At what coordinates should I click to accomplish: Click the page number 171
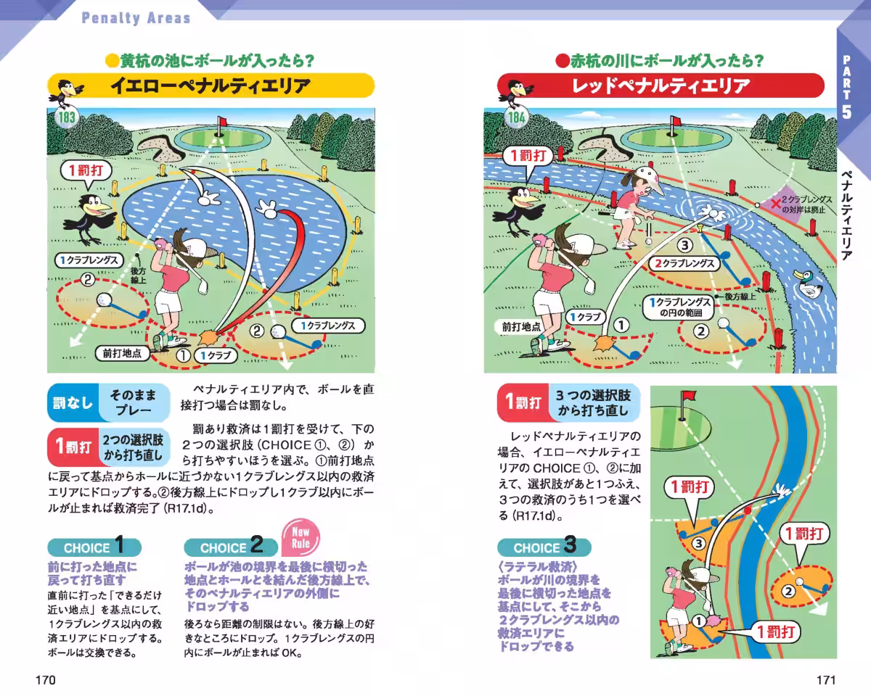point(826,680)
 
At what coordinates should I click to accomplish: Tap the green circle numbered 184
point(516,117)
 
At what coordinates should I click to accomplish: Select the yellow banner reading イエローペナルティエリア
point(210,86)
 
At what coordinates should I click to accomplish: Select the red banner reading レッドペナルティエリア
point(661,86)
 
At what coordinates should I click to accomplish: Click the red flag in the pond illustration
point(223,123)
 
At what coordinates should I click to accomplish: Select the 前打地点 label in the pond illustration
point(121,354)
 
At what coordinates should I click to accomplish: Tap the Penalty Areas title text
point(136,17)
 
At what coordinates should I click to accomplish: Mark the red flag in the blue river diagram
point(687,397)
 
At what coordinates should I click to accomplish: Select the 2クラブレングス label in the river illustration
point(684,264)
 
